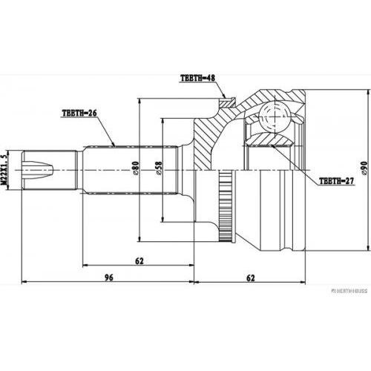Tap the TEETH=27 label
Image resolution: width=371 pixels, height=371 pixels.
click(337, 180)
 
